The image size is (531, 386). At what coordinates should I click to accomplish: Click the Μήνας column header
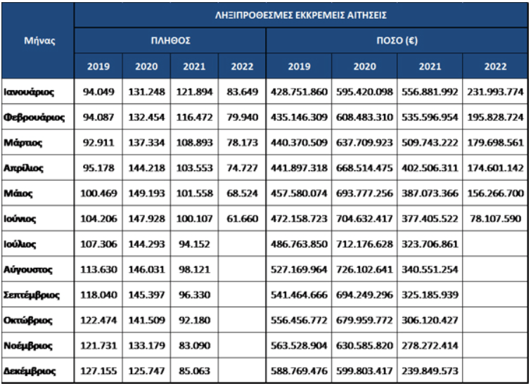tap(39, 41)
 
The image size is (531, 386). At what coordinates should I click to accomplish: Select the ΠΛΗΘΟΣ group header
tap(171, 41)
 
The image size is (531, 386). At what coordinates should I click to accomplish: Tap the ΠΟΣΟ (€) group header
tap(397, 41)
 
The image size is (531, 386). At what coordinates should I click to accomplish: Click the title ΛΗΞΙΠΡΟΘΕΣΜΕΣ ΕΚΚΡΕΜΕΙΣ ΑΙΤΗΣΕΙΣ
tap(301, 15)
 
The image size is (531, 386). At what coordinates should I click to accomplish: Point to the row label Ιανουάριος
tap(29, 92)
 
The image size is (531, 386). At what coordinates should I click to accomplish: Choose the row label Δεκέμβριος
tap(30, 371)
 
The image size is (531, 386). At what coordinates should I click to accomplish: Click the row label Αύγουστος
tap(27, 269)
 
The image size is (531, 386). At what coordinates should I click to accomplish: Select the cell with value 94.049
tap(98, 92)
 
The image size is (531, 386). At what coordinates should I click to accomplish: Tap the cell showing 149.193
tap(146, 193)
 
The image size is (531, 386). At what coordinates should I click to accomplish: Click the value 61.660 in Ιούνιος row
tap(243, 219)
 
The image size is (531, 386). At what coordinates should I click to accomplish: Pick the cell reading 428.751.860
tap(299, 92)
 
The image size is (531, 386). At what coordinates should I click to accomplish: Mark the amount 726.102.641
tap(364, 269)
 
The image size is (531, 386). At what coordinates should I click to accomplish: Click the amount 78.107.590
tap(495, 219)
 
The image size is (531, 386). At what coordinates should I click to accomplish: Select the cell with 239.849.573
tap(430, 371)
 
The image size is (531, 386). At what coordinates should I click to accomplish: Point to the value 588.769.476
tap(299, 371)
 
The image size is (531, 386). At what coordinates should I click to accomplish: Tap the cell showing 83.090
tap(194, 346)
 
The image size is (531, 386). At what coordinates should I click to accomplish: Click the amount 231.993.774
tap(495, 92)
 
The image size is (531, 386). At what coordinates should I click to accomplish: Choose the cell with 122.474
tap(98, 321)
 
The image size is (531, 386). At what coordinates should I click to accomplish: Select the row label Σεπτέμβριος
tap(32, 295)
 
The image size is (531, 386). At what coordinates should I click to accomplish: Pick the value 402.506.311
tap(430, 168)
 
